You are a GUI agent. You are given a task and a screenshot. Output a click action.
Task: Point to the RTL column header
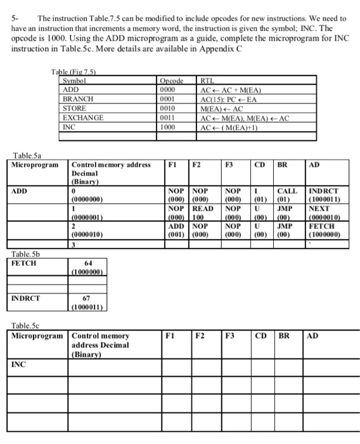click(x=207, y=82)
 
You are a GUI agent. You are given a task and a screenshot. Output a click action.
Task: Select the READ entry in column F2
click(x=203, y=207)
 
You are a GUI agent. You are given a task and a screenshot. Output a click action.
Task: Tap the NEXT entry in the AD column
click(x=319, y=207)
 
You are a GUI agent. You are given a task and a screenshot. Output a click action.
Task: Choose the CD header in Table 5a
click(x=259, y=164)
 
